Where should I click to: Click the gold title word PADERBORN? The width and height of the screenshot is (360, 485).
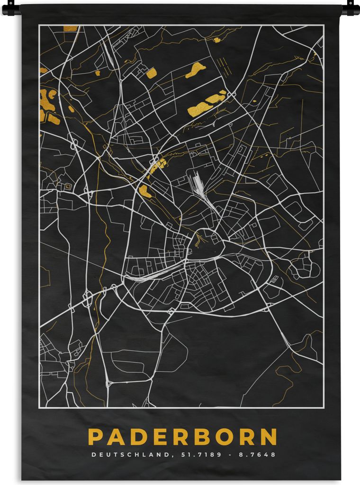pyautogui.click(x=182, y=437)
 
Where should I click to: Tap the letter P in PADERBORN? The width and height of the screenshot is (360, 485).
pyautogui.click(x=95, y=437)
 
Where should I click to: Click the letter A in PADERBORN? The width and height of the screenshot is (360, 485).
pyautogui.click(x=114, y=437)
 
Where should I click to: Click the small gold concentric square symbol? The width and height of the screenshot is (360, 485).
pyautogui.click(x=67, y=187)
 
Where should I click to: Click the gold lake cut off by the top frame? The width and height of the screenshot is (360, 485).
pyautogui.click(x=70, y=28)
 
